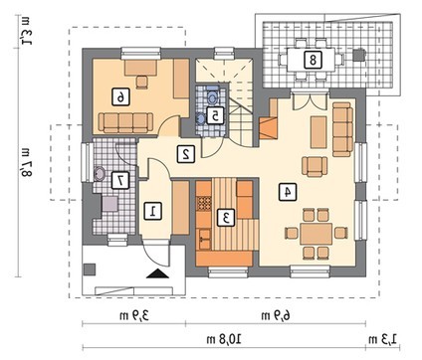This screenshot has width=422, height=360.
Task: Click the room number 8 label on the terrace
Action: coord(313,60)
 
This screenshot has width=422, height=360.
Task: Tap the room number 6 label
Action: coord(120,96)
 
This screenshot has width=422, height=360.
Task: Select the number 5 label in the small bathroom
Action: coord(215,115)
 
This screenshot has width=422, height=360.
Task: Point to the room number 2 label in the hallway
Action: coord(185,154)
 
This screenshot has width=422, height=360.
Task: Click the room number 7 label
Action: coord(119,181)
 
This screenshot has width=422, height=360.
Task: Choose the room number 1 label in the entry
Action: coord(153,211)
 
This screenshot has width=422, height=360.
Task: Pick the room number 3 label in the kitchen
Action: coord(226,218)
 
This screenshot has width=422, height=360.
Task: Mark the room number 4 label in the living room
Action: coord(288,193)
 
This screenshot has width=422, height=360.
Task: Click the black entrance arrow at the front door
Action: coord(157,273)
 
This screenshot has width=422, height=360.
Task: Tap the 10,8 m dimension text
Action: coord(224,339)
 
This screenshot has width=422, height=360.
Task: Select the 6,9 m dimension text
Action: coord(276,316)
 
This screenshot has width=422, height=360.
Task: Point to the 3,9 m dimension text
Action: coord(134,316)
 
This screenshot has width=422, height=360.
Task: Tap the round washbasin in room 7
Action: coord(100,174)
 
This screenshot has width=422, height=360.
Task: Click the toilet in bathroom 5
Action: coord(212,96)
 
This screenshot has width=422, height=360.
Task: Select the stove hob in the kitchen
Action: coord(204,203)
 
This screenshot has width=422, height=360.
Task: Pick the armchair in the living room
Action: coord(315,166)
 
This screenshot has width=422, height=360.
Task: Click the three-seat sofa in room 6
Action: coord(125,122)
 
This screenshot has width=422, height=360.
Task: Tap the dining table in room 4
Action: coord(316,234)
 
